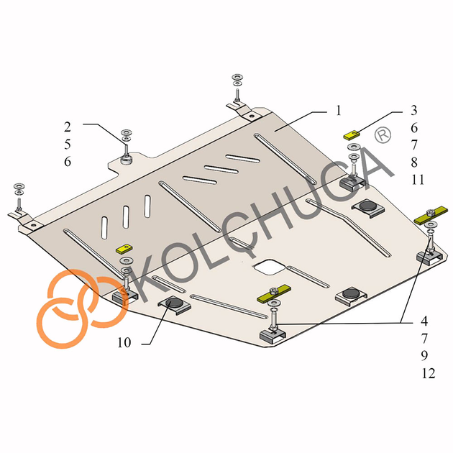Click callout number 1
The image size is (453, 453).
(338, 111)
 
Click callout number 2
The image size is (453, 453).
(68, 127)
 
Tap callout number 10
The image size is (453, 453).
(124, 343)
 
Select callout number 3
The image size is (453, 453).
(414, 110)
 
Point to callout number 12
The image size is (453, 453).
(428, 374)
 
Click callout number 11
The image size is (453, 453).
(418, 180)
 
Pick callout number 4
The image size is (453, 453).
(424, 321)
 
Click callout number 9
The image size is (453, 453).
(424, 356)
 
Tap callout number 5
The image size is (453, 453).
(68, 145)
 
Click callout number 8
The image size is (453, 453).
(414, 163)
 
